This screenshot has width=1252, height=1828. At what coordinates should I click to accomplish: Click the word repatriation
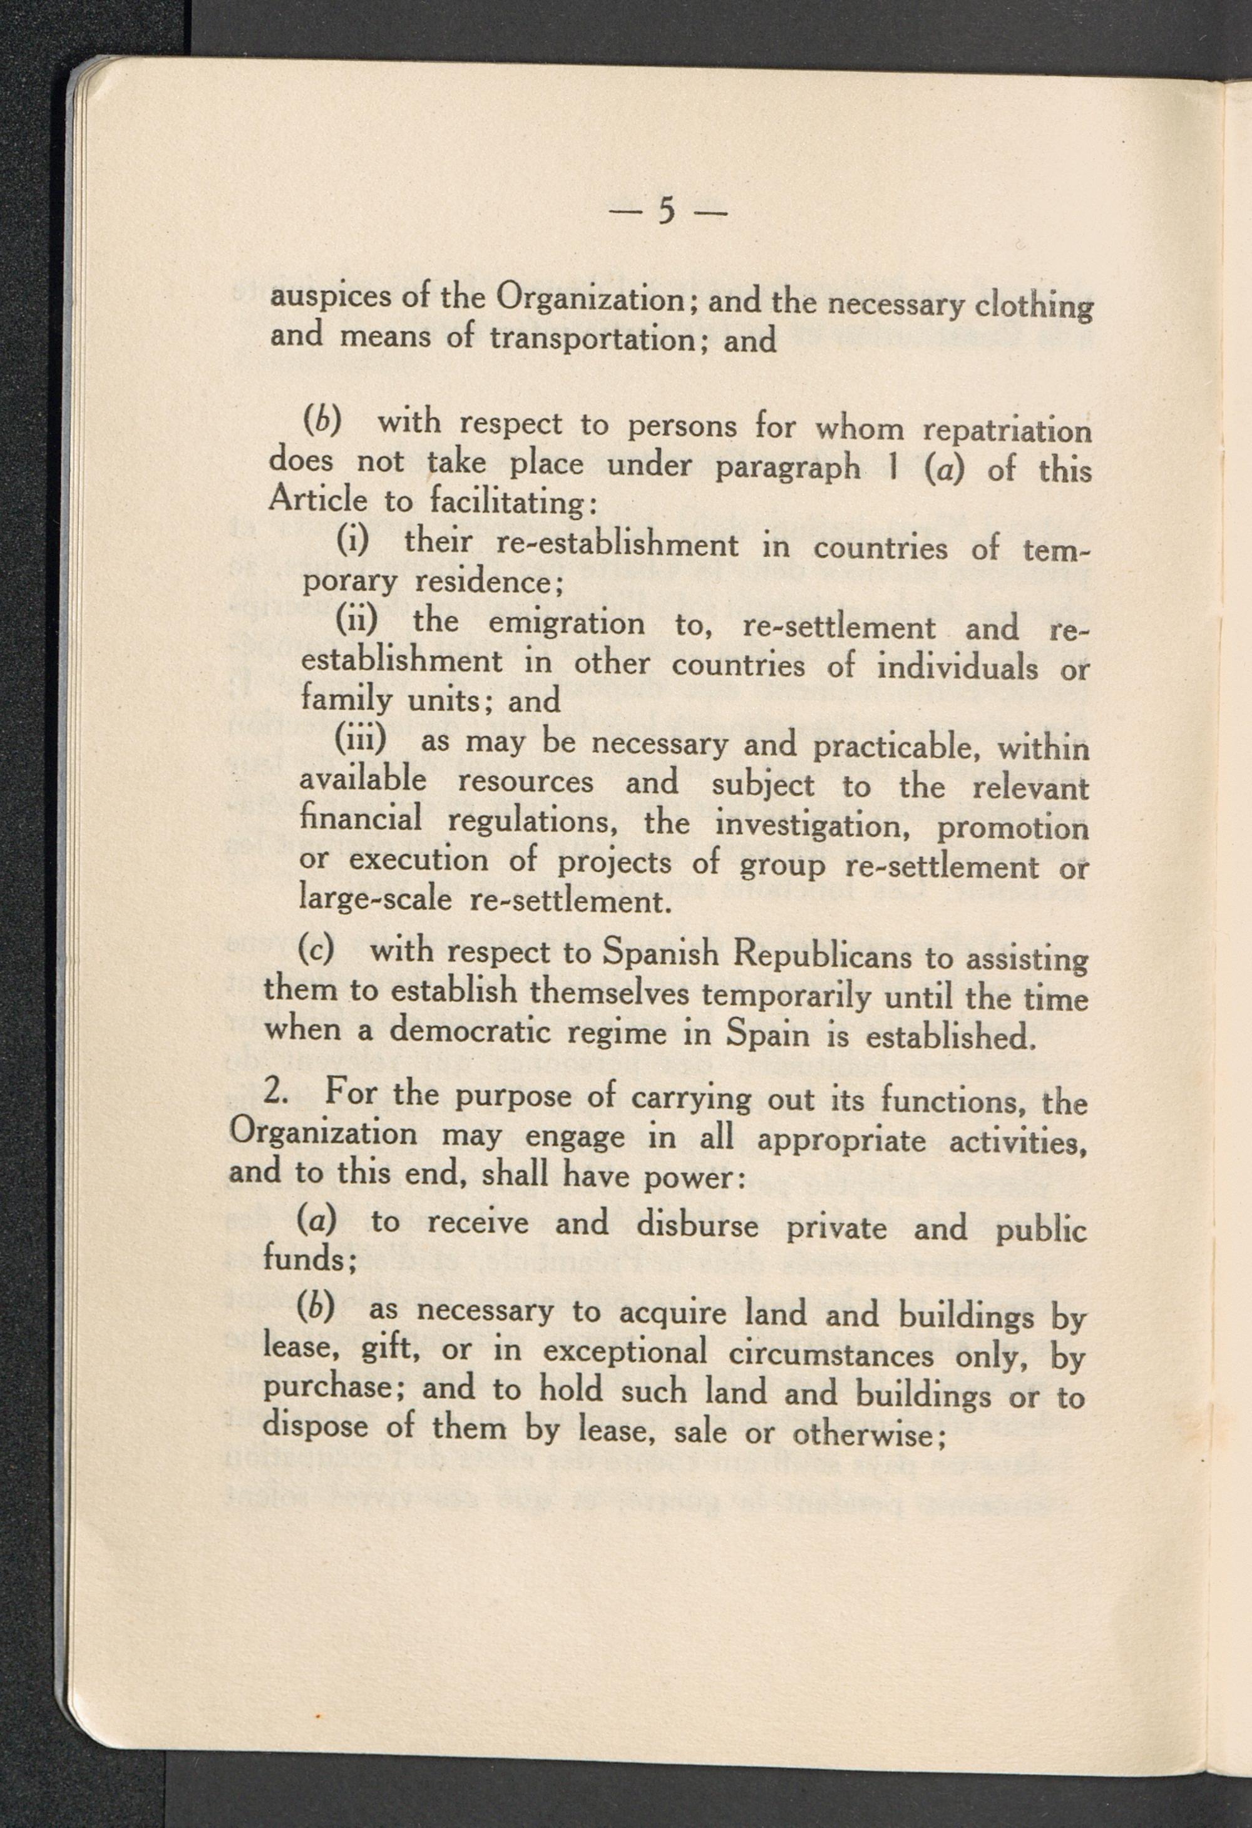pyautogui.click(x=1007, y=431)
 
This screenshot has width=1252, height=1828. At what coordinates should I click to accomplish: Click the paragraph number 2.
pyautogui.click(x=277, y=1093)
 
